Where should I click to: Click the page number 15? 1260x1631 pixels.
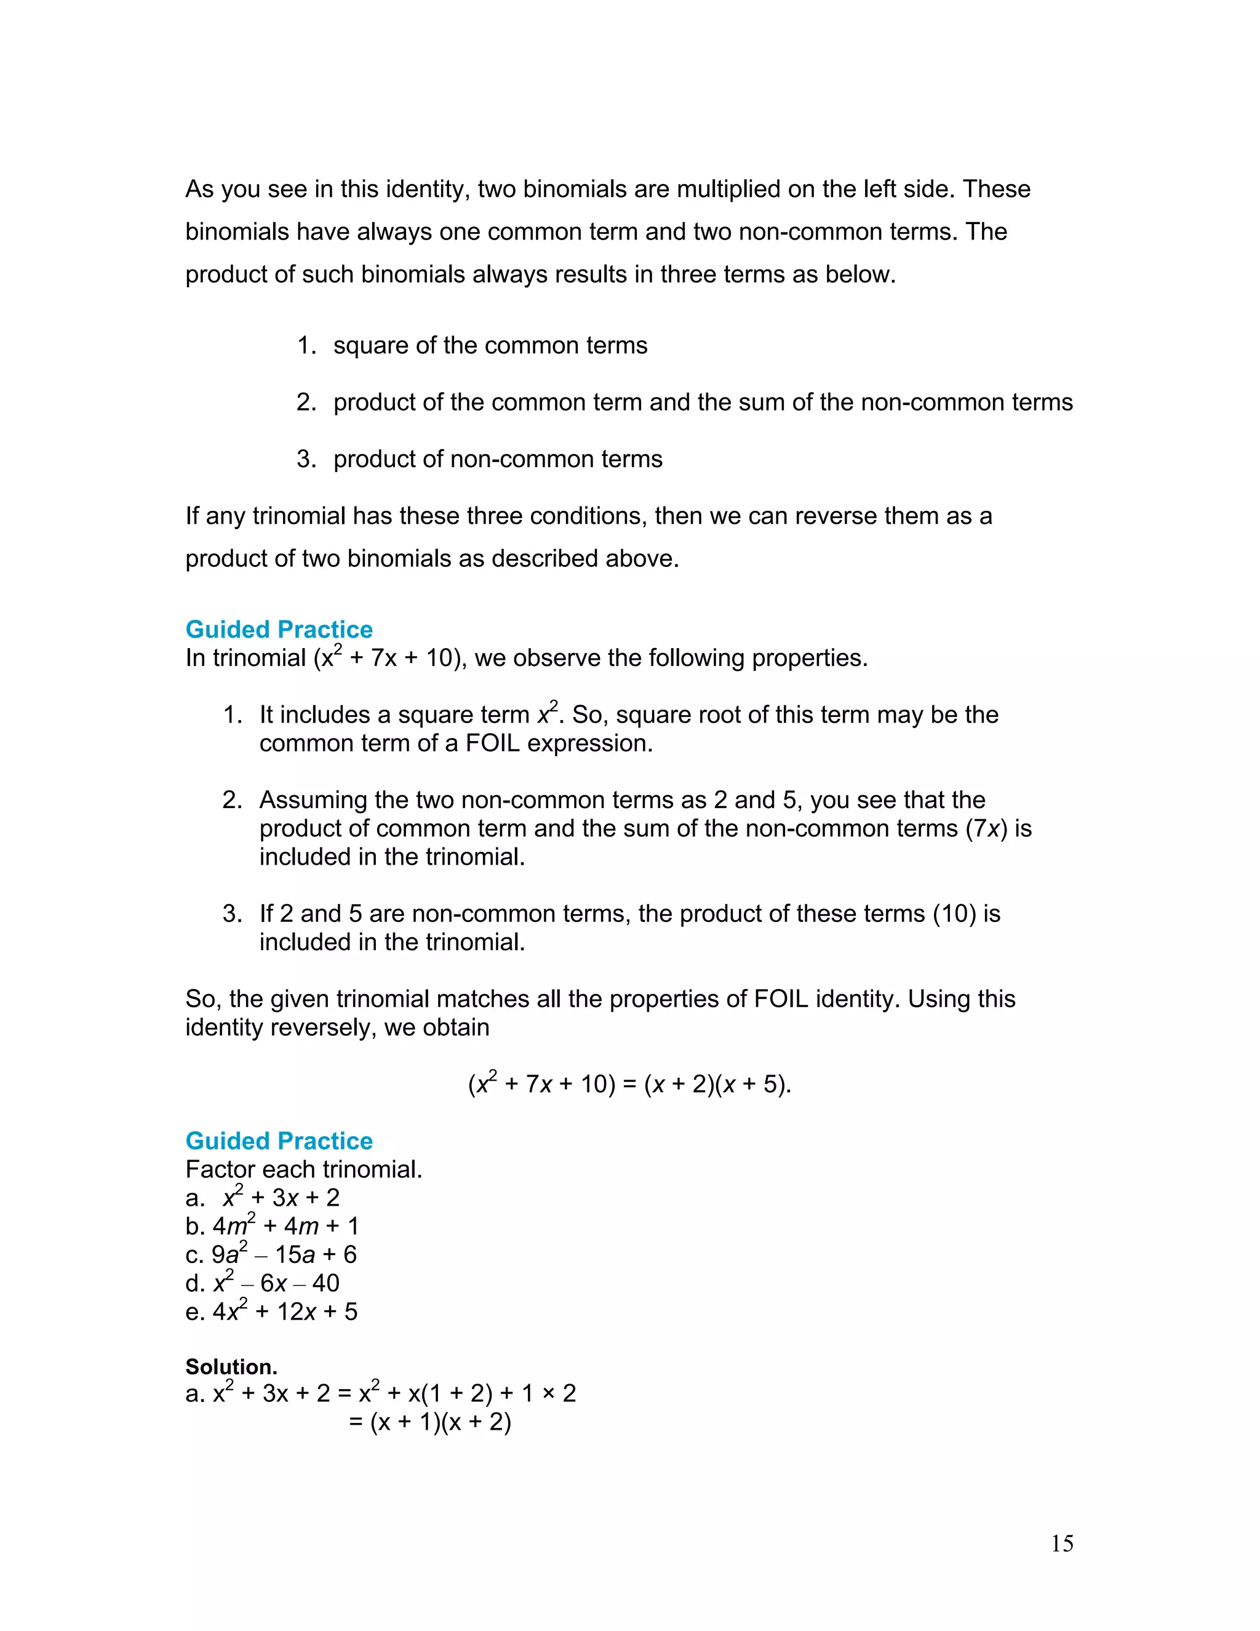(x=1061, y=1544)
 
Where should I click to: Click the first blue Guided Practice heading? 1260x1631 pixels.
(x=279, y=630)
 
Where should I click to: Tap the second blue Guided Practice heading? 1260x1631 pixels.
(x=279, y=1141)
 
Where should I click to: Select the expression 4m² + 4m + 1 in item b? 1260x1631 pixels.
(x=286, y=1226)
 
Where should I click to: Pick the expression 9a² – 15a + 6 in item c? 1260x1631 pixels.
(x=284, y=1254)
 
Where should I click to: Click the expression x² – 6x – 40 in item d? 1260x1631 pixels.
(x=276, y=1283)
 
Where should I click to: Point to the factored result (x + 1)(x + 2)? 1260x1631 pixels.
(x=441, y=1422)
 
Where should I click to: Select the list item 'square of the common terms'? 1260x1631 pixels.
(x=490, y=346)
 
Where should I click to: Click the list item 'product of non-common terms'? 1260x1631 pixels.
(x=497, y=459)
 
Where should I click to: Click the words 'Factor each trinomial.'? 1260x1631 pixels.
(x=304, y=1169)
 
